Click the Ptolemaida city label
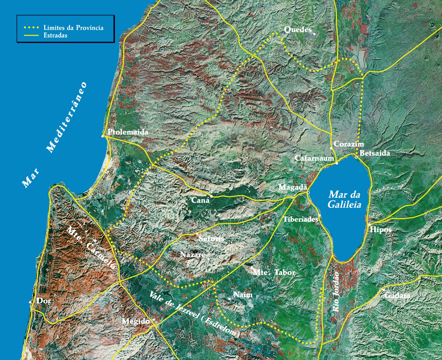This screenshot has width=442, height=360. click(123, 132)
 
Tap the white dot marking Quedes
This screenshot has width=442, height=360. click(314, 34)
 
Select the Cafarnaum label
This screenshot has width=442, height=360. click(314, 158)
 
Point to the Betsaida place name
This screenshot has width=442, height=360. click(375, 153)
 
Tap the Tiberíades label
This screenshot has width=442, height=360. click(301, 219)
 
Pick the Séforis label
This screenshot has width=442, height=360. click(211, 238)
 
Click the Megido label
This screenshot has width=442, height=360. click(136, 321)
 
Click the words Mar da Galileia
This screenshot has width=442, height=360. click(344, 200)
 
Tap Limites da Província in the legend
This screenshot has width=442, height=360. click(73, 28)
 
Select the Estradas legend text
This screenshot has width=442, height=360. click(55, 36)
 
